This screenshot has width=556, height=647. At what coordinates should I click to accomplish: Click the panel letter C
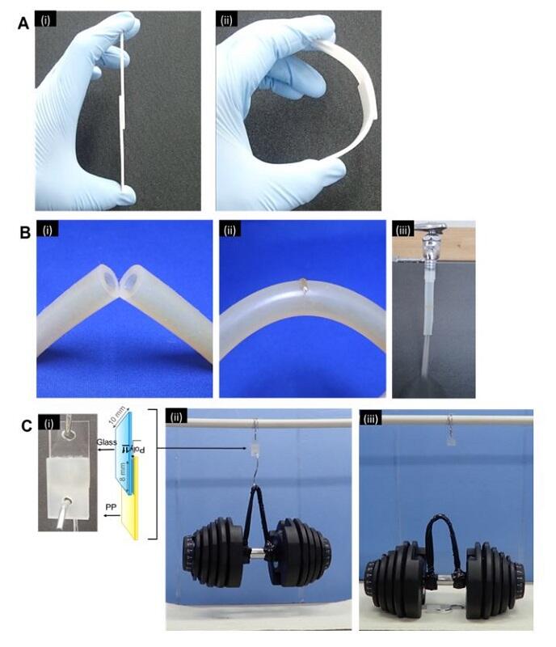[x=24, y=424]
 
